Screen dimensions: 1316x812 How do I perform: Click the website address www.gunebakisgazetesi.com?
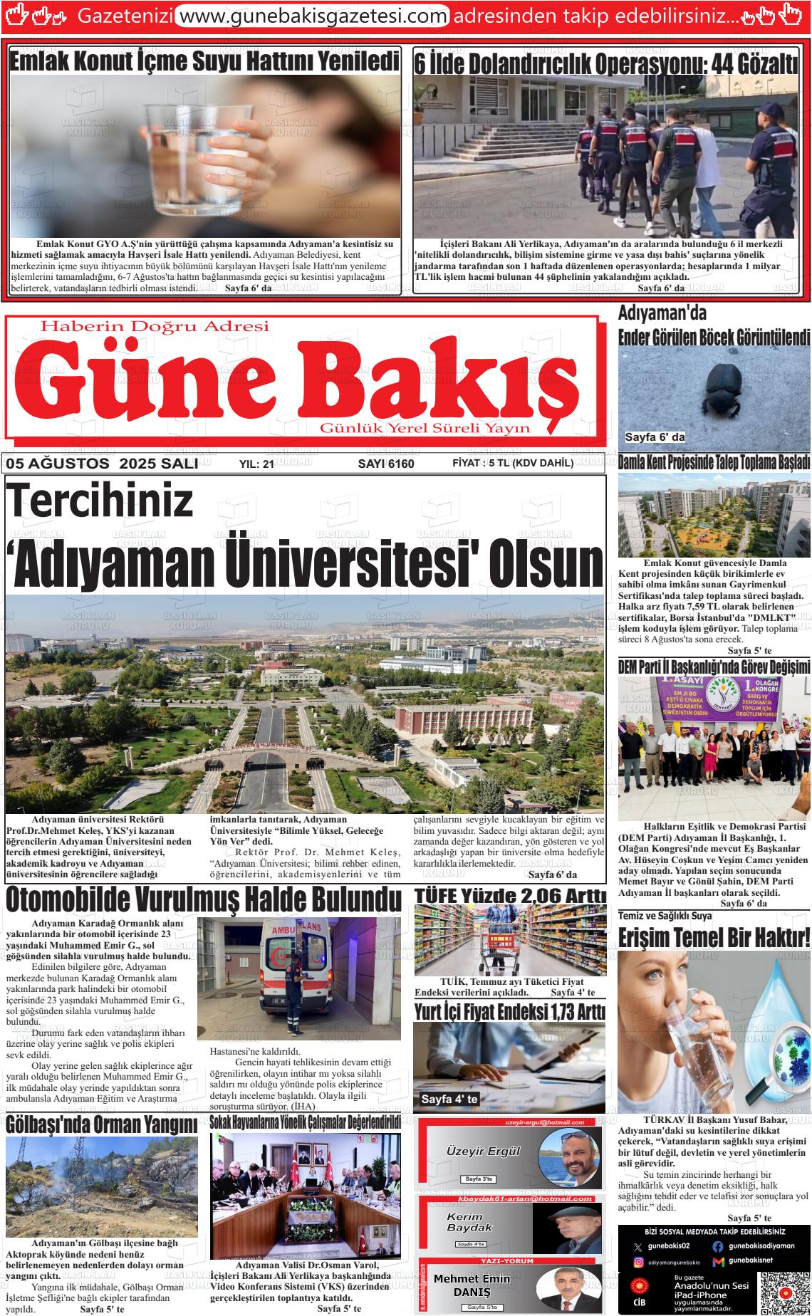click(x=312, y=15)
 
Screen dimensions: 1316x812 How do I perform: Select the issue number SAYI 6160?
click(x=385, y=464)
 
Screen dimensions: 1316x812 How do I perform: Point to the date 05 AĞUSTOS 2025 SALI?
click(x=102, y=464)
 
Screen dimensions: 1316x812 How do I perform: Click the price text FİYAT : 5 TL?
click(x=483, y=463)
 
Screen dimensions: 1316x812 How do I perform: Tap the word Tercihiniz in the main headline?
click(x=100, y=502)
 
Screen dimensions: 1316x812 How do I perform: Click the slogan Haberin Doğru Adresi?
click(x=155, y=327)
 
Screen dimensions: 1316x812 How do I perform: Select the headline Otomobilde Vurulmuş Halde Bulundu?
click(x=203, y=900)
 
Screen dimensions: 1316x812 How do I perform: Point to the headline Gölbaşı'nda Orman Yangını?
click(x=101, y=1125)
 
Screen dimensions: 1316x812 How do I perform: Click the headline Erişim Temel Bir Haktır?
click(x=714, y=936)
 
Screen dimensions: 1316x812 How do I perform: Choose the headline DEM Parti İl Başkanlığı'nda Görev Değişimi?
click(x=714, y=667)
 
